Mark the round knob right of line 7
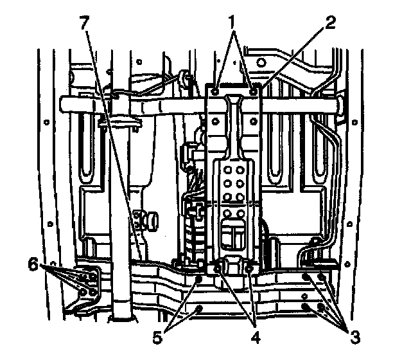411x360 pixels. tap(153, 221)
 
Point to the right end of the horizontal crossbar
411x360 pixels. tap(336, 105)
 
